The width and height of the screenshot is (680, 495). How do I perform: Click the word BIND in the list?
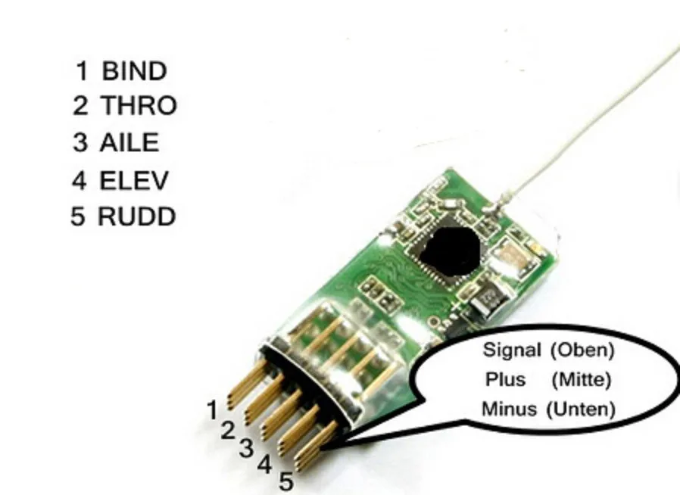(x=134, y=72)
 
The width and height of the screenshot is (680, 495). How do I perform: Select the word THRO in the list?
(x=139, y=107)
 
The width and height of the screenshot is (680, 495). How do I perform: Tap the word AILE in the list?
(x=129, y=143)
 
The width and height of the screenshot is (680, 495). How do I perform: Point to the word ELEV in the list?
(x=134, y=180)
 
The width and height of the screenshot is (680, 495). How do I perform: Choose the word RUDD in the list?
(x=136, y=217)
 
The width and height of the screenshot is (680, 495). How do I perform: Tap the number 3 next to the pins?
(x=246, y=447)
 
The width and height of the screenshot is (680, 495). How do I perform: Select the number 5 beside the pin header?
(x=285, y=481)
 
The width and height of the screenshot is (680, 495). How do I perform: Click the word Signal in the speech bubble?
(x=512, y=350)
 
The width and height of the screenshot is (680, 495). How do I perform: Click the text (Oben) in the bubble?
(x=582, y=350)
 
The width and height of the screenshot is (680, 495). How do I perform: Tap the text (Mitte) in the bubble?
(x=582, y=378)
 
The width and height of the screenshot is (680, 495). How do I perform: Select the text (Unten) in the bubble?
(x=582, y=409)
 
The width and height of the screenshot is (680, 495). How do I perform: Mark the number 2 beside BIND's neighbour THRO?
(x=81, y=107)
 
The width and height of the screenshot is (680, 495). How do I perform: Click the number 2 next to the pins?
(x=228, y=431)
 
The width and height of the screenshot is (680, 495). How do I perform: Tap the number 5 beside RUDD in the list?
(x=79, y=217)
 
